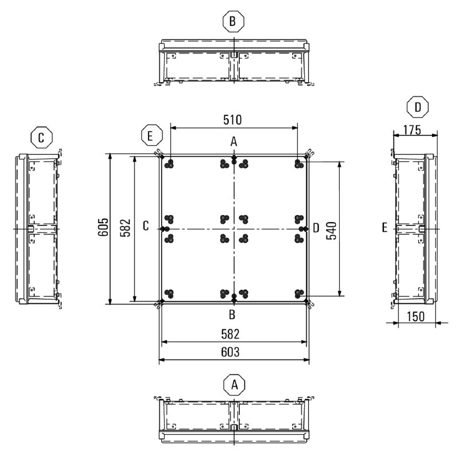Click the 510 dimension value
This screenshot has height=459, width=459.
pos(232,120)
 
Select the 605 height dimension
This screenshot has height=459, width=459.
pos(103,227)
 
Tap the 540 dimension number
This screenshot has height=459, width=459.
pos(332,231)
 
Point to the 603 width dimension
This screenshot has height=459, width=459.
pos(230,352)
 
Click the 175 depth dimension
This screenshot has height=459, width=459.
pos(412,130)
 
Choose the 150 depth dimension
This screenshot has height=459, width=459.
pos(415,317)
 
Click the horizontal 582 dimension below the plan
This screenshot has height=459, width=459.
pos(230,334)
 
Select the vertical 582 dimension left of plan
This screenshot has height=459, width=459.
pos(125,227)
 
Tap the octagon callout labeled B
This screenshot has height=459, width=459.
pos(233,21)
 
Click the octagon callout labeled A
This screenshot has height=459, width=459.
pos(234,385)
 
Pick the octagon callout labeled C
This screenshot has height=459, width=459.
pos(41,137)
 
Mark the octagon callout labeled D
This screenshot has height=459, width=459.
pos(418,107)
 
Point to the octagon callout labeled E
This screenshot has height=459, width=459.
pos(151,135)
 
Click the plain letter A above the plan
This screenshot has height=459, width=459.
pos(234,142)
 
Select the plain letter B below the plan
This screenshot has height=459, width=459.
pos(232,314)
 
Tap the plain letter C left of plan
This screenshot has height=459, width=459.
pos(146,226)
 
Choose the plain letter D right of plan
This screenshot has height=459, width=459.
pos(316,228)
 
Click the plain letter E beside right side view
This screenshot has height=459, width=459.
pos(384,227)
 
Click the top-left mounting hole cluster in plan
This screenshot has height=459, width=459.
pos(169,164)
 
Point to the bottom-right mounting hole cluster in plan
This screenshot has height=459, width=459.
pos(299,293)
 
